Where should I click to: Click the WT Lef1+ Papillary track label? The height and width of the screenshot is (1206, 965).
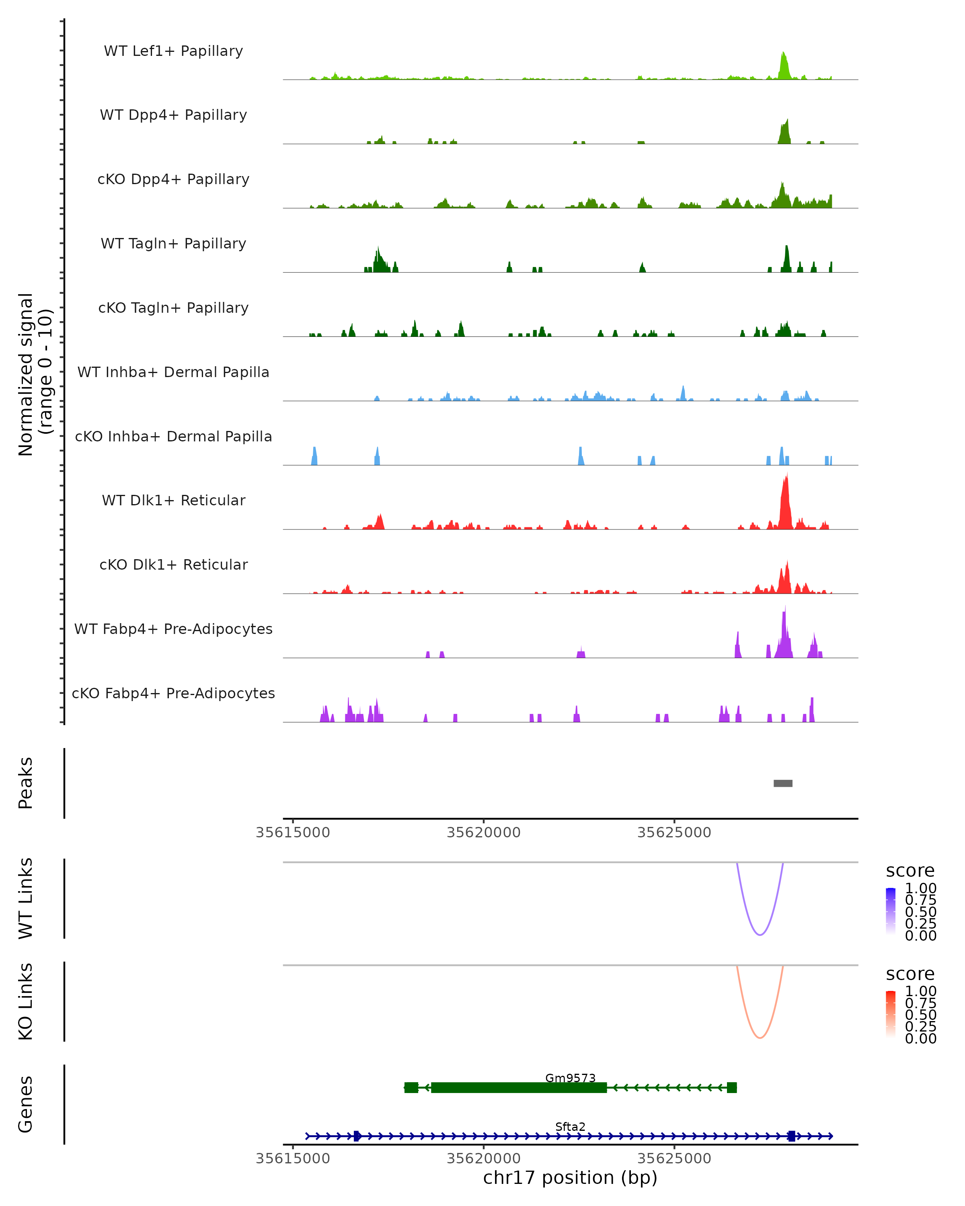tap(173, 51)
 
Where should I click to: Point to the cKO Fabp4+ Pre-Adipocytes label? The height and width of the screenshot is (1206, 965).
tap(173, 693)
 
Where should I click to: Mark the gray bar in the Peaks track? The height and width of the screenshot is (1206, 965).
tap(782, 783)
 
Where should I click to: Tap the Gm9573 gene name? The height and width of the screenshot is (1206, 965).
tap(570, 1078)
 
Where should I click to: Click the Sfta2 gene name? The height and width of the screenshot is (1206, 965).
tap(570, 1126)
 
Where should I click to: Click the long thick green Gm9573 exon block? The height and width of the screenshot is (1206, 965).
tap(519, 1087)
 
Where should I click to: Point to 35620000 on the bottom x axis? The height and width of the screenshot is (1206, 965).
tap(483, 1159)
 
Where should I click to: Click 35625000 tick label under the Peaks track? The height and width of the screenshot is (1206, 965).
tap(674, 833)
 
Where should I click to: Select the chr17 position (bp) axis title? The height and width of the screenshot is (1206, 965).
tap(570, 1178)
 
